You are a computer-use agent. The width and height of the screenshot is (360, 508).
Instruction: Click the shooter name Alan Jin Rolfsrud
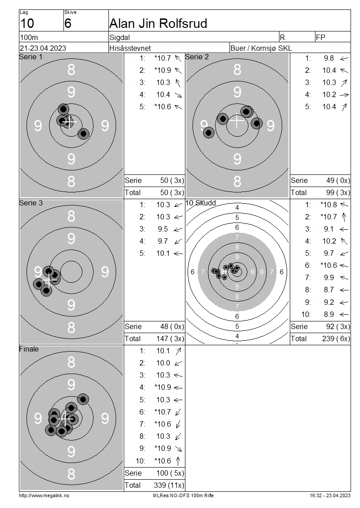coord(158,23)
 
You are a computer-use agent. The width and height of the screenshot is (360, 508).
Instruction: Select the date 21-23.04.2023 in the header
coord(43,48)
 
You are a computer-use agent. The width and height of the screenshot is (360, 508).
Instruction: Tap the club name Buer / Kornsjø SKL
coord(261,48)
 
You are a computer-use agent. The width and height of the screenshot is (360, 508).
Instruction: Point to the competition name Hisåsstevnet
coord(130,48)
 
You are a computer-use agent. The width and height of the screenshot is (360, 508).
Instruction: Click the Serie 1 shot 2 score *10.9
coord(162,70)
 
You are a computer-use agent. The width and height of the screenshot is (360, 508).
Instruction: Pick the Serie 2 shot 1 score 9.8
coord(329,58)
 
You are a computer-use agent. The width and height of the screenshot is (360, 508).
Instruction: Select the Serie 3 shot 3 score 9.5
coord(163,229)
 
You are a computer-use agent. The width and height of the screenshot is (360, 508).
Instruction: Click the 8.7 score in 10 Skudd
coord(329,290)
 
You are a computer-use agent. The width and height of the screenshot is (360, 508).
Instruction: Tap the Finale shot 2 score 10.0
coord(163,363)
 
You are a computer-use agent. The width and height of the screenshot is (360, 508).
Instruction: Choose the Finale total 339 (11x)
coord(169,485)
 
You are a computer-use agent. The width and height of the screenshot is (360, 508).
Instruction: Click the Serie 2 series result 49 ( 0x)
coord(338,180)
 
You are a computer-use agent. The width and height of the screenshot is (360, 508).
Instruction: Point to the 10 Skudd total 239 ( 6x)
coord(336,339)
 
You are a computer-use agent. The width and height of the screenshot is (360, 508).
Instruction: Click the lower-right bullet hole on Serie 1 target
coord(83,133)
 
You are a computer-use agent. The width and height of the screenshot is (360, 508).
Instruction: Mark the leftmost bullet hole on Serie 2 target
coord(208,132)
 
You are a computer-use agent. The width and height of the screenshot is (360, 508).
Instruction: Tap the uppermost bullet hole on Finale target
coord(83,399)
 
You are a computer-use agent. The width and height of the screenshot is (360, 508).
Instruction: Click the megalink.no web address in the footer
coord(44,495)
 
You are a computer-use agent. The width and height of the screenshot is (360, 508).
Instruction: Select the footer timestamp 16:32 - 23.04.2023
coord(330,495)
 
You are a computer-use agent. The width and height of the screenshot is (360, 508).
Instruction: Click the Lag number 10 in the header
coord(27,23)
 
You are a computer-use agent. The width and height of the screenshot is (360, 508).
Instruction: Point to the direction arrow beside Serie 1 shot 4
coord(178,95)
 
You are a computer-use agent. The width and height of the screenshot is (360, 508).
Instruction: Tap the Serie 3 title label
coord(31,203)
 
